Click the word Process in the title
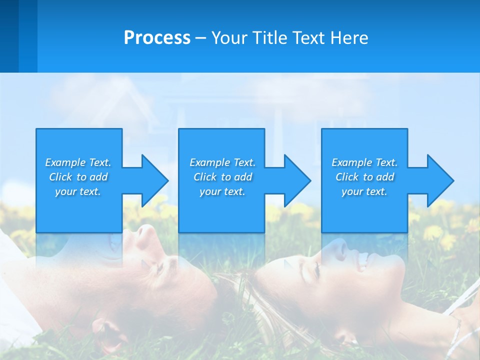click(x=157, y=38)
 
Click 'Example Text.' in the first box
click(x=78, y=162)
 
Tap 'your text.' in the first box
click(x=78, y=191)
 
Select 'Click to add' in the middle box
click(x=222, y=177)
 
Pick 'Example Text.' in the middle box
click(x=222, y=162)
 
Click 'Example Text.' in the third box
click(x=364, y=162)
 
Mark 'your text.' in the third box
click(x=364, y=191)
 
